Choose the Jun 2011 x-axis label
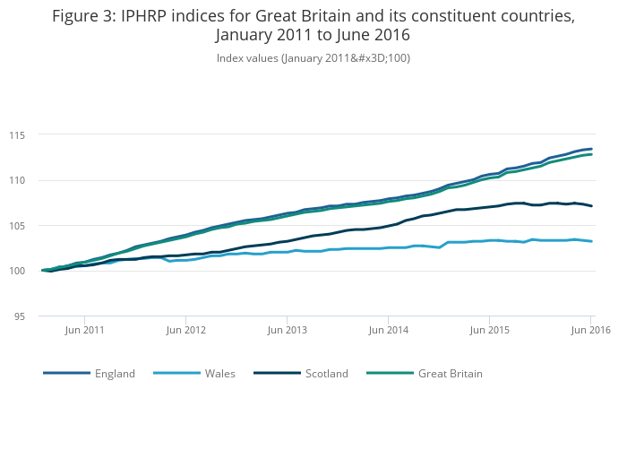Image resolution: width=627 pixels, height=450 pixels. pos(84,330)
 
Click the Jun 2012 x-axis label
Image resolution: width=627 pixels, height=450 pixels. pos(185,330)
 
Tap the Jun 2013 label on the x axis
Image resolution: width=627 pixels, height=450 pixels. pos(287,330)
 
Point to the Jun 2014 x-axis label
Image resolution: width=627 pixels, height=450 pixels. pos(388,330)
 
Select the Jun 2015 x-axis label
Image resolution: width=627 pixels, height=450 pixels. pos(489,330)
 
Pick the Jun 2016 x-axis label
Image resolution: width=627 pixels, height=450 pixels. pos(590,330)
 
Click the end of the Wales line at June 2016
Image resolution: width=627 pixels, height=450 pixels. pos(591,241)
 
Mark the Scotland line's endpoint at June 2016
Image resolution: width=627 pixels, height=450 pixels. pos(591,206)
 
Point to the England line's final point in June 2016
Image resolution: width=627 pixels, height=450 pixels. pos(591,149)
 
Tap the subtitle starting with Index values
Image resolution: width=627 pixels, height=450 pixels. pos(313,58)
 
